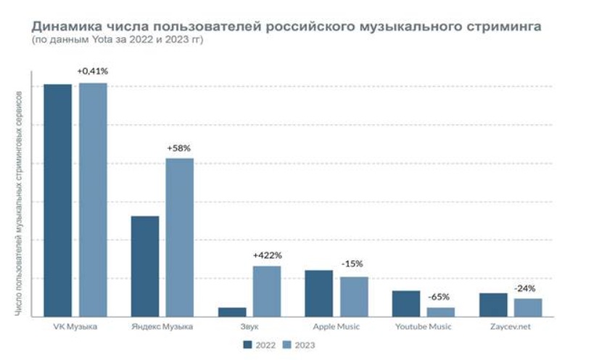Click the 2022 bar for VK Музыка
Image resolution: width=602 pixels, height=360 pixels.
click(x=58, y=200)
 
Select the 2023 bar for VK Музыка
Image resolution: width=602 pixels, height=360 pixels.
click(x=93, y=200)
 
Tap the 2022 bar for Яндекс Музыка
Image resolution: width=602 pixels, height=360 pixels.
click(x=144, y=266)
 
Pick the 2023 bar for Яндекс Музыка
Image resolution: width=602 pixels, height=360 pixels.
click(x=179, y=237)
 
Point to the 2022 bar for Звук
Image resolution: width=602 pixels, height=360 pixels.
click(x=232, y=312)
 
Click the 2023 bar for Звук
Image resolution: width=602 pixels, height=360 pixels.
click(x=267, y=291)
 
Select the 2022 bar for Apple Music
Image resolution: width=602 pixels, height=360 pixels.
click(x=319, y=293)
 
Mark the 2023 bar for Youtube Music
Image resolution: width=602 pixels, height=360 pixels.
click(x=441, y=312)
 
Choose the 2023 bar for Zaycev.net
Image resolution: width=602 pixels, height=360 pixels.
click(x=528, y=308)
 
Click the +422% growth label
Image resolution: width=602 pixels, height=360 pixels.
click(x=267, y=255)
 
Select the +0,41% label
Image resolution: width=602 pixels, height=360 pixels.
click(x=93, y=71)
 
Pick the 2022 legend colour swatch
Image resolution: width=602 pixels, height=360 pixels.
click(x=248, y=345)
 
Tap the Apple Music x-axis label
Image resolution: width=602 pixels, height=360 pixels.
click(x=337, y=327)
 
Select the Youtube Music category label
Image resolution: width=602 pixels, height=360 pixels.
click(x=424, y=327)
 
